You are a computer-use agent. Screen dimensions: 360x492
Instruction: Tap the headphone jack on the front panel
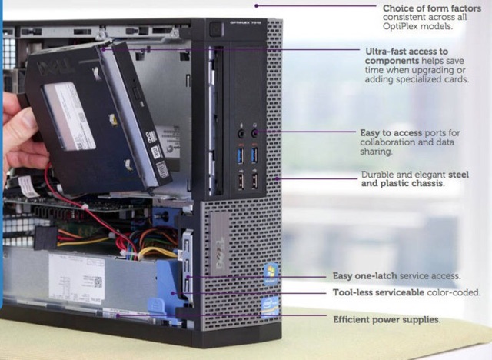pos(254,133)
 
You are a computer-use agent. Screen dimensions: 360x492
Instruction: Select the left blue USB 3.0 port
pos(241,155)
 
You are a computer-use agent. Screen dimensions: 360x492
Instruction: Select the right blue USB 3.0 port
pos(254,155)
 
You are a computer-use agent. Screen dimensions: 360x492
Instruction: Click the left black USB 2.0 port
pos(241,181)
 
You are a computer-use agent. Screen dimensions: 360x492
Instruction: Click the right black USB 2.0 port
pos(254,181)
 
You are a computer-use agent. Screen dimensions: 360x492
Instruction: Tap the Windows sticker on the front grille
pos(271,273)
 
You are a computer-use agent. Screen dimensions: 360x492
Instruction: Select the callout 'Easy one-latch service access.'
pos(397,276)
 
